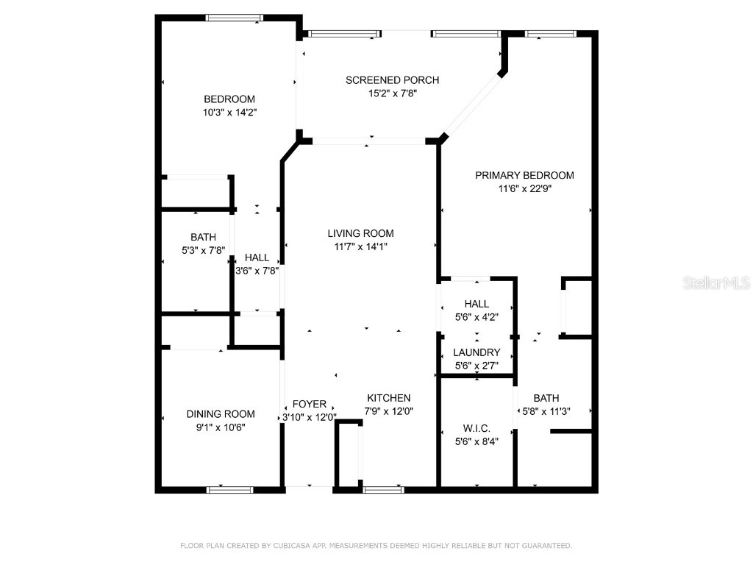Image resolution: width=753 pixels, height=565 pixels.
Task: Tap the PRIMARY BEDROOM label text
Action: [524, 175]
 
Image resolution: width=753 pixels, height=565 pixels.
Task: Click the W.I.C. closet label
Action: [477, 428]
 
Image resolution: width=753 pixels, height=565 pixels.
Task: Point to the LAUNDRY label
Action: [477, 352]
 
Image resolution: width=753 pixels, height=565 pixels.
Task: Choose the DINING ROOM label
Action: [221, 414]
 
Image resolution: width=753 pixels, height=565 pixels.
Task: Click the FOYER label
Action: [310, 404]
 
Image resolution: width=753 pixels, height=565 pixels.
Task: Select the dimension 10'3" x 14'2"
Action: [229, 113]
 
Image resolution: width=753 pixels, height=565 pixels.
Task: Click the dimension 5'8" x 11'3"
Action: [546, 412]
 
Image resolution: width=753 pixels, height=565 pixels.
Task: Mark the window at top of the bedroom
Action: [231, 18]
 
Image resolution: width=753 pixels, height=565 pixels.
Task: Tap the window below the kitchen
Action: [383, 489]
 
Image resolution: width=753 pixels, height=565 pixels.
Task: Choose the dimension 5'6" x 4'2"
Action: [477, 318]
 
